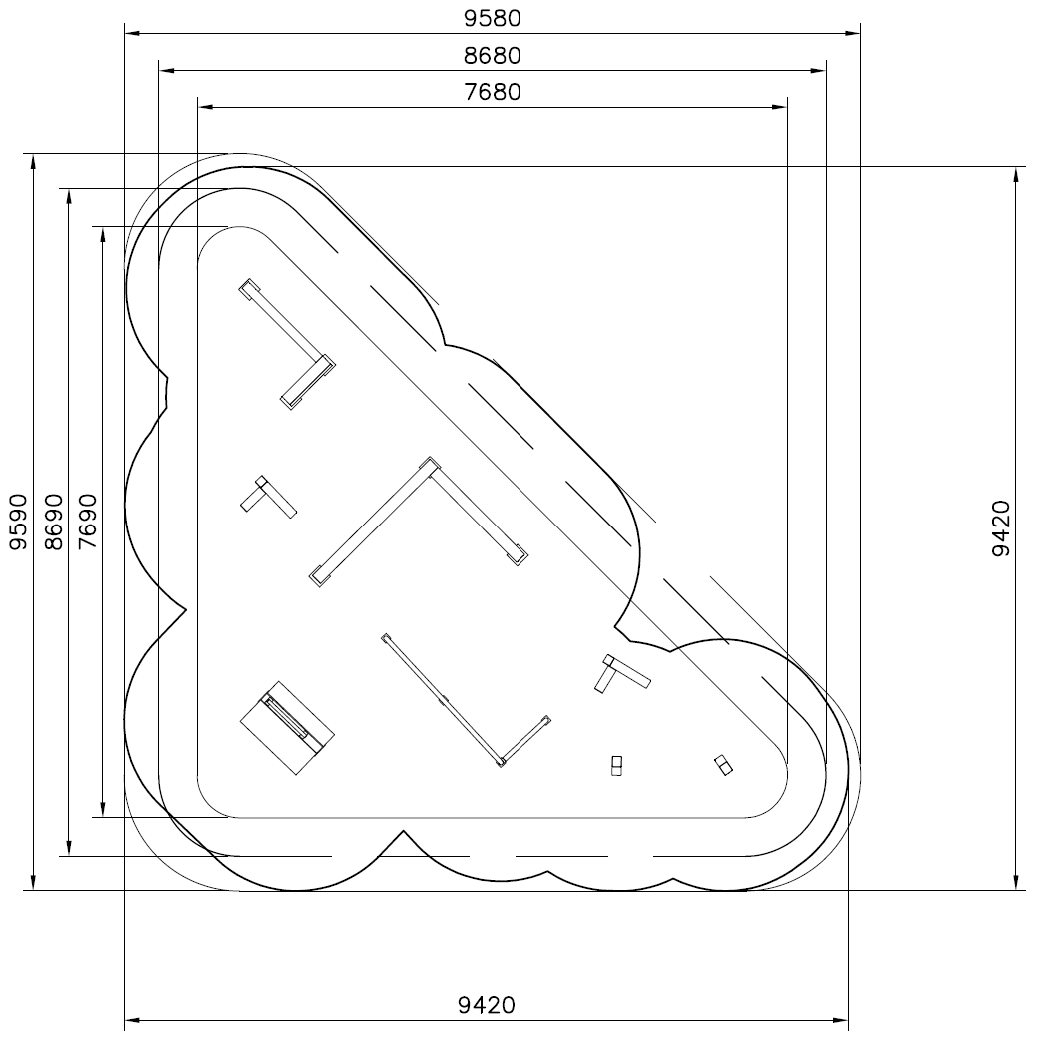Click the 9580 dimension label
493,18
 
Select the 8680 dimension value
493,55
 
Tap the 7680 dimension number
493,91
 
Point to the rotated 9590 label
18,522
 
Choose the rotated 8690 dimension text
53,522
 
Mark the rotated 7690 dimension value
87,522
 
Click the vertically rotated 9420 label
1001,528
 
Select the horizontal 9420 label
487,1005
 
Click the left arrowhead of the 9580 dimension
132,32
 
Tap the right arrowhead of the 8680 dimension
818,70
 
